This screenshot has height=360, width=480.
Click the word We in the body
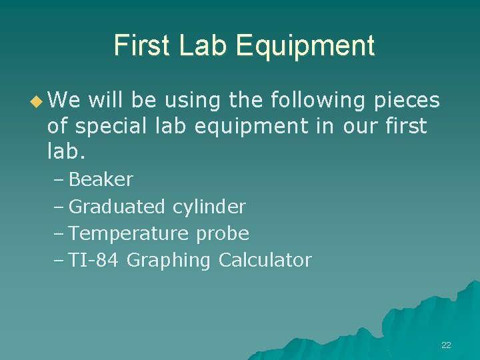point(63,101)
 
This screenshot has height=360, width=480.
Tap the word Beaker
point(101,180)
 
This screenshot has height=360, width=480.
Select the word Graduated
point(117,207)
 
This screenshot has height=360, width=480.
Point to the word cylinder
point(209,207)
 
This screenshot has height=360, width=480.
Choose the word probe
point(223,234)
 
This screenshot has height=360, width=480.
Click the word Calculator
point(265,260)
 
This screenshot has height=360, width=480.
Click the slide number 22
point(446,345)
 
